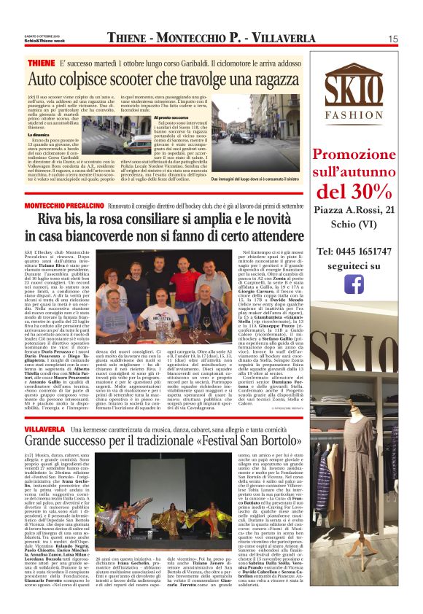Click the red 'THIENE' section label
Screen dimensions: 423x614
click(x=41, y=64)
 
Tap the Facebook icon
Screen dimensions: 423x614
click(x=354, y=284)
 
